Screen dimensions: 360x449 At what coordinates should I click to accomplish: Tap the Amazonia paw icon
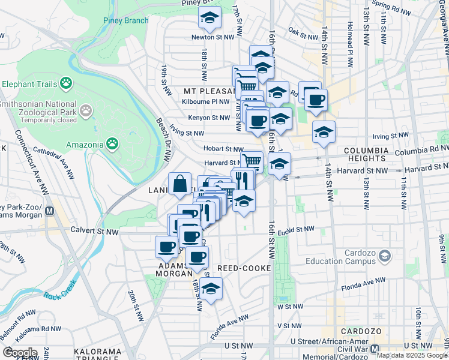tap(112, 143)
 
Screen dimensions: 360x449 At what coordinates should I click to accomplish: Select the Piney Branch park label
tap(125, 20)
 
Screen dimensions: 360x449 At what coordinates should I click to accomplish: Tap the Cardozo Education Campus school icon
tap(384, 256)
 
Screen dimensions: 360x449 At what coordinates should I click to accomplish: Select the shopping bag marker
tap(180, 184)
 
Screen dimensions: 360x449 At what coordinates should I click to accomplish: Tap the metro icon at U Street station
tap(376, 349)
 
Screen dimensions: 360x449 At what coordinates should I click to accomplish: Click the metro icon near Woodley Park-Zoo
tap(50, 211)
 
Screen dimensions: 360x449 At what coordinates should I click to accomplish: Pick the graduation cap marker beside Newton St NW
tap(210, 19)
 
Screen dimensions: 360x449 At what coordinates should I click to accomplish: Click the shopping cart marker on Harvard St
tap(252, 161)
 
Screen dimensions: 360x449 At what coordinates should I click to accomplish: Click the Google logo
tap(20, 353)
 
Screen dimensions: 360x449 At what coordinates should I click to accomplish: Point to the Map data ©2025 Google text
tap(411, 355)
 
